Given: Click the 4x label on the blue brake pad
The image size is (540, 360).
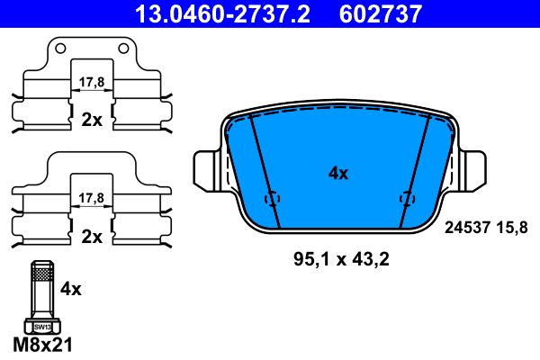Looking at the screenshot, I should (x=337, y=174).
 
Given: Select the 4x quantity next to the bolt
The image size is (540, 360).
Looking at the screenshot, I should (x=70, y=289).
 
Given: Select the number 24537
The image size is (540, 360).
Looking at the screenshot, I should (x=467, y=229).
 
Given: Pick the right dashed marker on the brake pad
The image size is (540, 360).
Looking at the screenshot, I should (x=407, y=200).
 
